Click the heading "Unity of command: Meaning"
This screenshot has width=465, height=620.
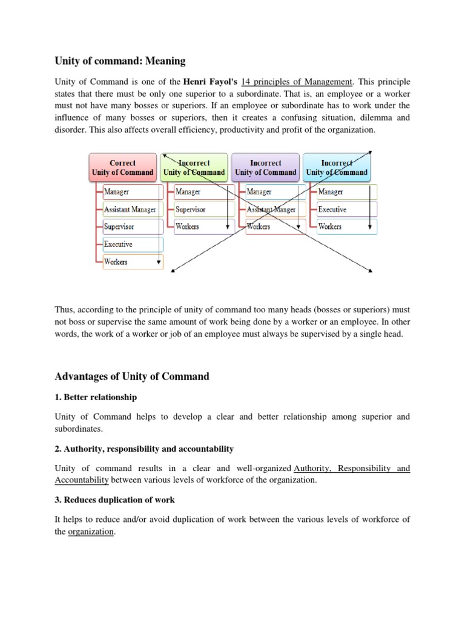tap(120, 61)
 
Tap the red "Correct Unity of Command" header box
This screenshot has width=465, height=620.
tap(122, 168)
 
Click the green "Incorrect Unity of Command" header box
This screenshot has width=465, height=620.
tap(194, 168)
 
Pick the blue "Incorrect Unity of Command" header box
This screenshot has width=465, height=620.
tap(337, 168)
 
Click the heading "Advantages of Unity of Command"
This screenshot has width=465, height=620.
tap(132, 377)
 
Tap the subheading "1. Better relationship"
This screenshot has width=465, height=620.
tap(96, 398)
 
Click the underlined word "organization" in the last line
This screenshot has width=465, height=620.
tap(91, 532)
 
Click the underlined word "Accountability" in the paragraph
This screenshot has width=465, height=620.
tap(82, 480)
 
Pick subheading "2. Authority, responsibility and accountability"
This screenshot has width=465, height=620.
tap(144, 449)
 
